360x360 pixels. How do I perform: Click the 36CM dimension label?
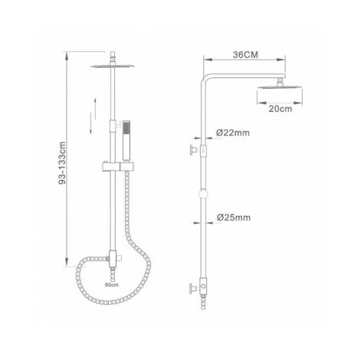(245, 54)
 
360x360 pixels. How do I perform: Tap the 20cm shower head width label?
(280, 109)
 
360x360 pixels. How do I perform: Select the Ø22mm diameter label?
(233, 133)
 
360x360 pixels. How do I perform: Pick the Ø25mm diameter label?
(234, 218)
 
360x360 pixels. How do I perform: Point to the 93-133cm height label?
(62, 163)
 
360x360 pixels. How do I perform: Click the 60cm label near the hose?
(112, 285)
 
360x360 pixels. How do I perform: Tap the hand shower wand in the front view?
(126, 141)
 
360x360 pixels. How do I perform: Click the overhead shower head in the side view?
(280, 86)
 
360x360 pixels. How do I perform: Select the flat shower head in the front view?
(113, 66)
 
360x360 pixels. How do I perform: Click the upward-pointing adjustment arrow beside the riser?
(95, 109)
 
